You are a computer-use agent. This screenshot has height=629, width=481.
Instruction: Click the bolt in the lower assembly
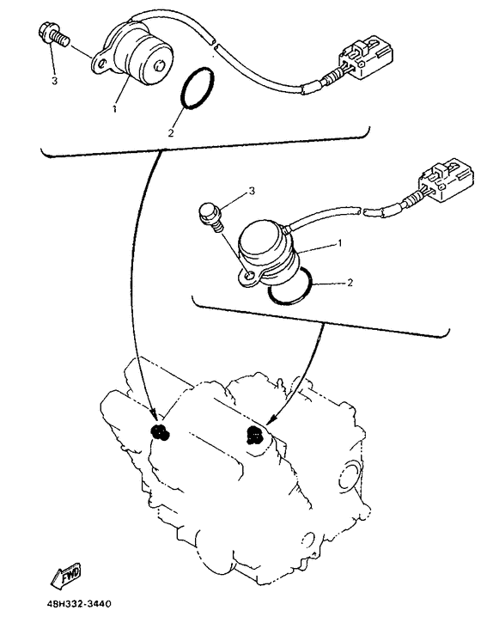coord(211,217)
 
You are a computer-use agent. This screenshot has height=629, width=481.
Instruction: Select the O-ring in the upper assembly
coord(198,89)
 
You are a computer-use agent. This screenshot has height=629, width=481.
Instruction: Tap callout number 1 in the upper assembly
coord(114,108)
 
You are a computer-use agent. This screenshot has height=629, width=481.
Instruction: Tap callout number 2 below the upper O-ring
coord(171,133)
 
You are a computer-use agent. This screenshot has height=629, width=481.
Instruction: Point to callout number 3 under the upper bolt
coord(54,81)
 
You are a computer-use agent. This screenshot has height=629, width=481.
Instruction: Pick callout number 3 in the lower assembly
coord(252,192)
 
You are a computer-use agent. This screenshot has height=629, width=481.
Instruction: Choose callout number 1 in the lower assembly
coord(339,243)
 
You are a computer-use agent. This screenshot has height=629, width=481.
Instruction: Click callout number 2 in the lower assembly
coord(350,283)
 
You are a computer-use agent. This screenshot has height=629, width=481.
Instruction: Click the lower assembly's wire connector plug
coord(445,180)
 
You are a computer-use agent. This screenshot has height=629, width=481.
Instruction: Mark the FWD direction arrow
coord(66,576)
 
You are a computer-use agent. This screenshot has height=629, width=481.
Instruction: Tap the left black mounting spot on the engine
coord(160,432)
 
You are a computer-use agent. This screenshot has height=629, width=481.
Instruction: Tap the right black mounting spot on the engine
coord(254,436)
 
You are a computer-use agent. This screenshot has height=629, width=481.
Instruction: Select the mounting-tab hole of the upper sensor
coord(102,64)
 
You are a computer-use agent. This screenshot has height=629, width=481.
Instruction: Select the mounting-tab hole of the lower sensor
coord(250,276)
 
